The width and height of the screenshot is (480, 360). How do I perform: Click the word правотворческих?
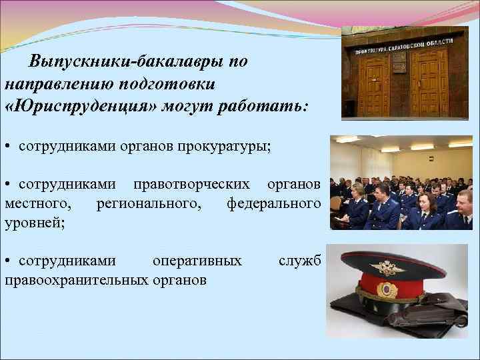pyautogui.click(x=192, y=183)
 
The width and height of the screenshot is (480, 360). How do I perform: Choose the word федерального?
pyautogui.click(x=273, y=202)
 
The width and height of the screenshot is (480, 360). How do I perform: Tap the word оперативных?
pyautogui.click(x=197, y=261)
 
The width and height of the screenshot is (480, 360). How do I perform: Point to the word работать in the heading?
pyautogui.click(x=274, y=107)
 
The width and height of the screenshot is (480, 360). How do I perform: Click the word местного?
pyautogui.click(x=34, y=202)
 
